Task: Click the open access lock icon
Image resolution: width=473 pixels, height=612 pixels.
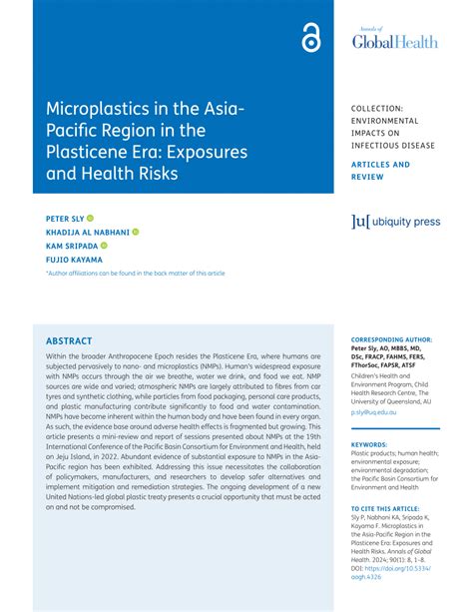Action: (309, 40)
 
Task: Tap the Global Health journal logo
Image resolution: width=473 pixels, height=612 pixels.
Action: (394, 39)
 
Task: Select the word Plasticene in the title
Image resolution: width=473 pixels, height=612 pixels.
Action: (92, 152)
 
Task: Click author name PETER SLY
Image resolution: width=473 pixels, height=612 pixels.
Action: (63, 217)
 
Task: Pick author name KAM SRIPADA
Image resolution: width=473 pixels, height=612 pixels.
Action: (71, 245)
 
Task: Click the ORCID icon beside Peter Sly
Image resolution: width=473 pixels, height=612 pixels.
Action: (90, 217)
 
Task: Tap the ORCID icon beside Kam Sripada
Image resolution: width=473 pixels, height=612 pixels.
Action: (104, 245)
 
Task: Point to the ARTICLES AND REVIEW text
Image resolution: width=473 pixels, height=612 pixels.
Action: (380, 171)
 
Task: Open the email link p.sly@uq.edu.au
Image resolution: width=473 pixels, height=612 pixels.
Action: (373, 411)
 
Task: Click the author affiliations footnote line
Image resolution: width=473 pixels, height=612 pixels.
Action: (135, 273)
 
